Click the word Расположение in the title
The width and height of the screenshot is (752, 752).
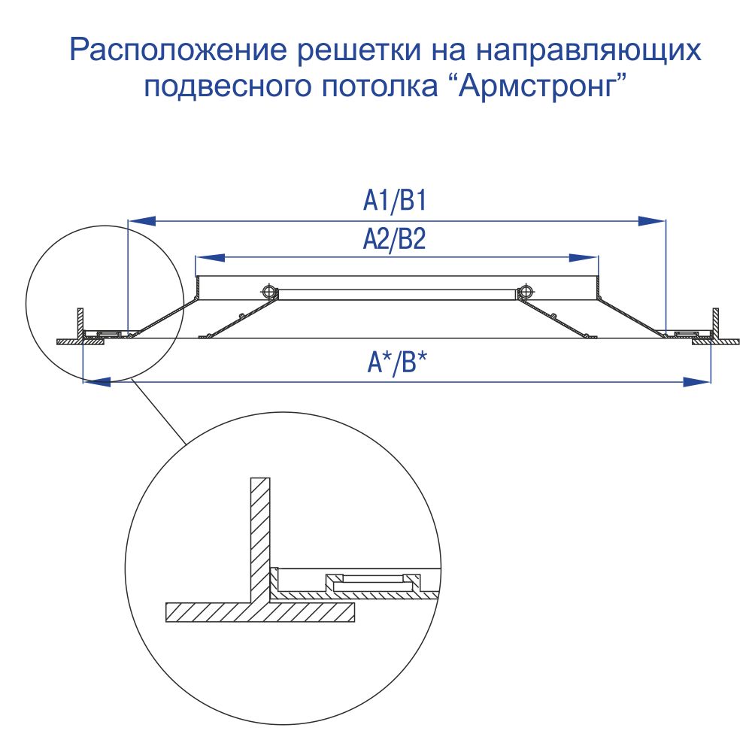[x=178, y=50]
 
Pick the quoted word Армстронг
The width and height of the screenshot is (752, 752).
[x=542, y=86]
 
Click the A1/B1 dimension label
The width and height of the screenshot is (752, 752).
[x=394, y=201]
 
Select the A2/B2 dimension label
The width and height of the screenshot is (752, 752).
[x=394, y=239]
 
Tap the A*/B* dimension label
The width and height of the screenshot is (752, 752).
[x=396, y=362]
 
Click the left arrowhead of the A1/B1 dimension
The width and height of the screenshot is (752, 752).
[x=142, y=220]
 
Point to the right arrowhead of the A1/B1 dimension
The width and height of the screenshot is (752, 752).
[x=651, y=220]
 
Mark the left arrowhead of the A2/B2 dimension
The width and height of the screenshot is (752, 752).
[x=211, y=257]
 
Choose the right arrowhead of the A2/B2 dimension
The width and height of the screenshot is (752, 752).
[x=584, y=257]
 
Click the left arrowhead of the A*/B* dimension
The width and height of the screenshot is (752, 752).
[x=97, y=382]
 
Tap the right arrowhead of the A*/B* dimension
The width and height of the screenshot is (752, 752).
[x=696, y=382]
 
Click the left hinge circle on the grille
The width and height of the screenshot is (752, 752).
[x=269, y=291]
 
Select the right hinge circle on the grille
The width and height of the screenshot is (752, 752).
[x=525, y=291]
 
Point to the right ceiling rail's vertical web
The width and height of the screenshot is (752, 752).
[x=716, y=323]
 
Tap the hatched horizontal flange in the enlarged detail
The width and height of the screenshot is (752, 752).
[x=260, y=612]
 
